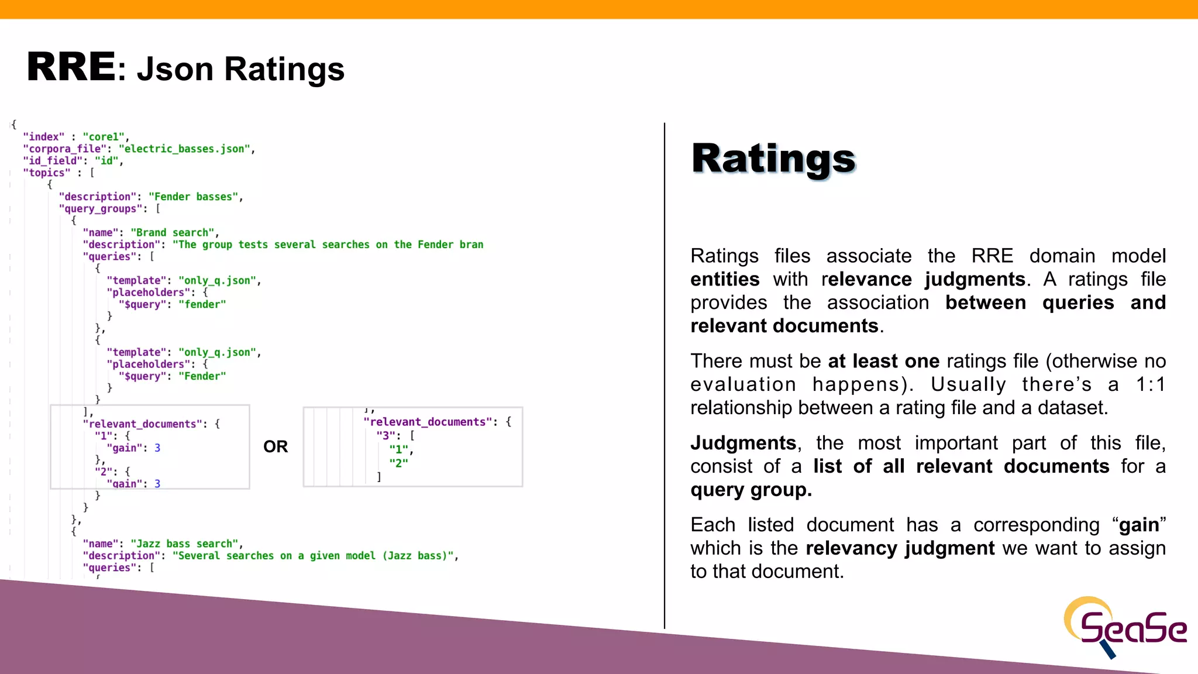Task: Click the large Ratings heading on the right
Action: coord(773,159)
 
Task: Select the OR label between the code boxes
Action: coord(276,447)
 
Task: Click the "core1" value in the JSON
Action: coord(104,137)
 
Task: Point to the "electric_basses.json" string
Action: coord(185,149)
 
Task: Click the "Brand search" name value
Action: coord(173,233)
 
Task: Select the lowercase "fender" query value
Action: coord(202,305)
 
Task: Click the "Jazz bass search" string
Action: coord(184,544)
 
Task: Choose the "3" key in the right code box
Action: coord(385,436)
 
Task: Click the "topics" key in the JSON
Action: coord(46,173)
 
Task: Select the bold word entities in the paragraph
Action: coord(725,280)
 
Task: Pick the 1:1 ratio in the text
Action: coord(1150,385)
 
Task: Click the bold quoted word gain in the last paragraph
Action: coord(1139,525)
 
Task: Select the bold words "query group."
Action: coord(751,490)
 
